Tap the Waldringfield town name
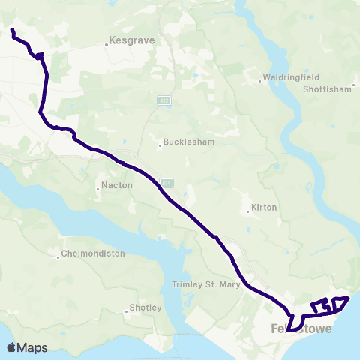click(288, 77)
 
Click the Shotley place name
click(145, 308)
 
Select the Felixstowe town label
click(299, 329)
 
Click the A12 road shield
click(164, 99)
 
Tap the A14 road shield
click(166, 181)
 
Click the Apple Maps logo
click(27, 347)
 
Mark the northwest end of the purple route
click(13, 30)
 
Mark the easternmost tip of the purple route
click(349, 298)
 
